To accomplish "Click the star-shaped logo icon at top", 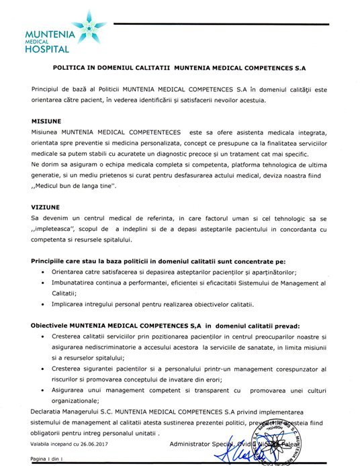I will (x=89, y=27).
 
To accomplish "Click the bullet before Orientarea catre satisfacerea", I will (x=43, y=272).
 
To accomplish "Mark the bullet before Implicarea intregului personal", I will (x=43, y=305).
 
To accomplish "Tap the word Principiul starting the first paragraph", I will (x=48, y=89).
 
